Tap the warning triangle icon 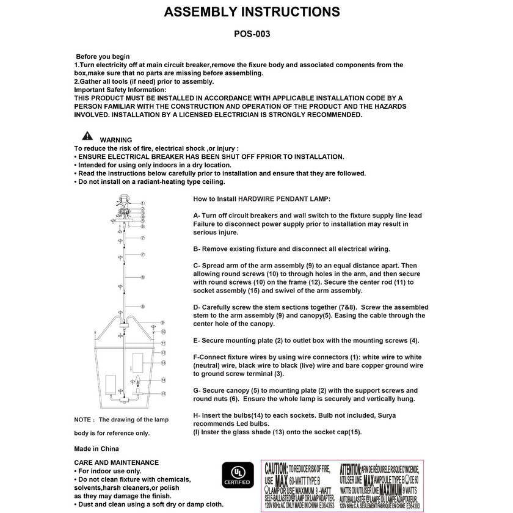tap(88, 136)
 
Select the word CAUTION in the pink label tap(276, 469)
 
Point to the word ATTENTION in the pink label tap(359, 469)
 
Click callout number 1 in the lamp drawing tap(142, 203)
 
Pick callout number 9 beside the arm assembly tap(162, 322)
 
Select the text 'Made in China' tap(96, 449)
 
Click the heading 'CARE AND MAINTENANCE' tap(116, 463)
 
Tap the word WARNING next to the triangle tap(115, 140)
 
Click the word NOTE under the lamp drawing tap(83, 420)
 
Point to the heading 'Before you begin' tap(103, 57)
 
